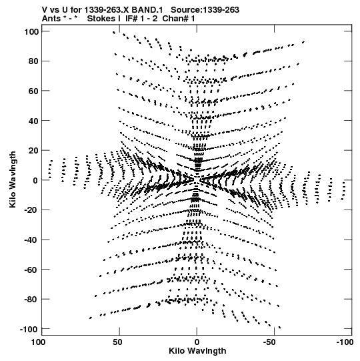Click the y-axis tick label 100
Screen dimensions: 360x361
point(31,31)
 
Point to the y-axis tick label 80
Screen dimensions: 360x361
point(33,61)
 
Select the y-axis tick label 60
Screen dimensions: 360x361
point(33,91)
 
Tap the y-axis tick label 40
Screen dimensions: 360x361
point(33,121)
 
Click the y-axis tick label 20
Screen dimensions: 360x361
point(33,150)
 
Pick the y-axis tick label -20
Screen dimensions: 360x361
point(31,210)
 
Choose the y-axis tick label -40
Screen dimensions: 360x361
point(31,240)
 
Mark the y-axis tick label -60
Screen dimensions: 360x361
point(31,270)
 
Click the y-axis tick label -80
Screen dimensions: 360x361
point(31,299)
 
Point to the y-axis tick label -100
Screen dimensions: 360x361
point(29,329)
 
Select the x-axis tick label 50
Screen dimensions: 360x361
point(117,342)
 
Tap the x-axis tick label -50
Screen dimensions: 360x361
point(269,342)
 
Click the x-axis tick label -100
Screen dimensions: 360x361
point(345,342)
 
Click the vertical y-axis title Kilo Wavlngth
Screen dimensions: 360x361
point(13,179)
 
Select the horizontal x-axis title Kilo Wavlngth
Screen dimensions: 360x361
point(197,351)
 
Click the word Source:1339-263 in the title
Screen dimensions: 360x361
point(205,10)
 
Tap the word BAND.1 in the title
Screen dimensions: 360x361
point(147,10)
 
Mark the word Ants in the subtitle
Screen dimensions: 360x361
point(51,19)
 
